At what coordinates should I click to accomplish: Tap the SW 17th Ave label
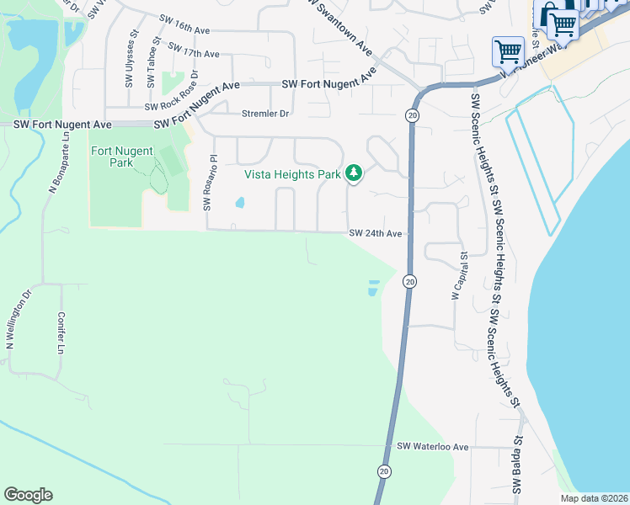point(194,53)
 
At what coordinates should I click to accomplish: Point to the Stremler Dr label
point(264,114)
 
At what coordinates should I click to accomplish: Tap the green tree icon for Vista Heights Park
point(355,173)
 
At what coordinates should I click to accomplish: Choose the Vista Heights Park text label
point(292,174)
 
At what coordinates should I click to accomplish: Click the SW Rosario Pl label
point(211,182)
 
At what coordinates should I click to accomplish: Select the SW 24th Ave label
point(376,233)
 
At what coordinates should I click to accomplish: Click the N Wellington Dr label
point(19,320)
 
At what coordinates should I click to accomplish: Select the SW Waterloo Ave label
point(432,446)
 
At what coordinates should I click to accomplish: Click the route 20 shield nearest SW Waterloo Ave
point(384,471)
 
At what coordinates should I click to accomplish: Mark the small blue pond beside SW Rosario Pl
point(240,203)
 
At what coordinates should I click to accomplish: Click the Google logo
point(28,495)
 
